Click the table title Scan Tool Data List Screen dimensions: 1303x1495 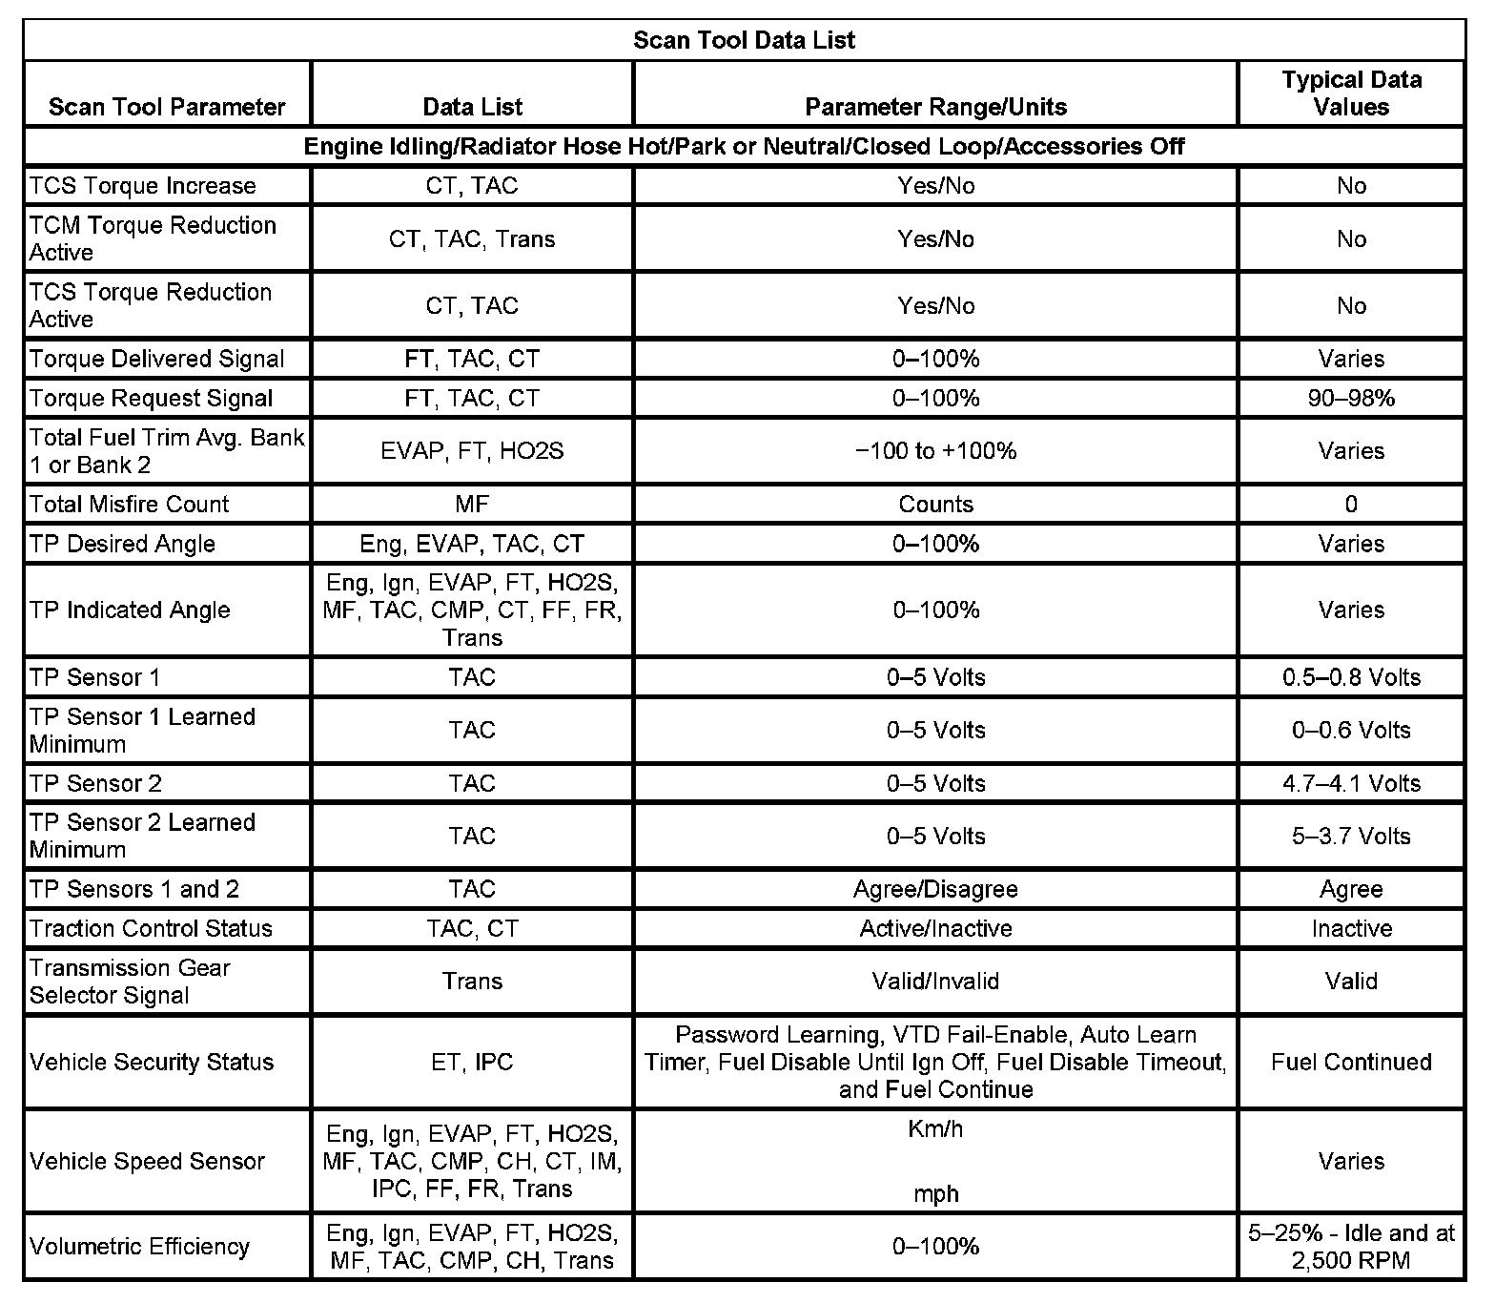744,40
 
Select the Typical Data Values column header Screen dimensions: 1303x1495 1351,93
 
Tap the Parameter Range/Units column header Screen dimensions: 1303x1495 935,107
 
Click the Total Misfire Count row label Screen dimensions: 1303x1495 130,504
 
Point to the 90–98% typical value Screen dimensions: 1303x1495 1351,398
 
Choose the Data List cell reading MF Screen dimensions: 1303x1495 472,504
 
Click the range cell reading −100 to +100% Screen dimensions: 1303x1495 935,450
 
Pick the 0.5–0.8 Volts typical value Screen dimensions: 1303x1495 1351,677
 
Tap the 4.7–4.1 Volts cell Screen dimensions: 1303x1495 1351,783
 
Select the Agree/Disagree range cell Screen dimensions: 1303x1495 935,889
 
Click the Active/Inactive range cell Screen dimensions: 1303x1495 935,928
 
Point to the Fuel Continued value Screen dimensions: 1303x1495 1351,1062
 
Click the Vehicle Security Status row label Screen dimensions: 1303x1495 152,1062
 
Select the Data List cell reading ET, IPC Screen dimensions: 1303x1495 472,1062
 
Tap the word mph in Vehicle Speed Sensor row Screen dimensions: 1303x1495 935,1194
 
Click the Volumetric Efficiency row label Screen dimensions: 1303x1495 139,1246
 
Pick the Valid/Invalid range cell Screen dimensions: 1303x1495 935,981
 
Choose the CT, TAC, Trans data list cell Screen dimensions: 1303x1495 472,238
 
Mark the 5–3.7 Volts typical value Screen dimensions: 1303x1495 1351,836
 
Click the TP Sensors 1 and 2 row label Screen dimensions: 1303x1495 134,889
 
